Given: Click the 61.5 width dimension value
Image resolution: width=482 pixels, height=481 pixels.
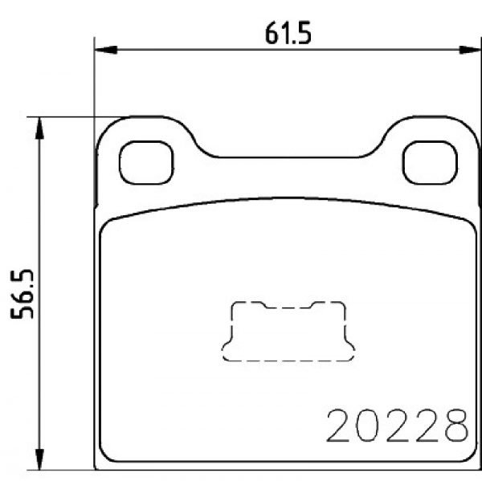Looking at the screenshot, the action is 288,33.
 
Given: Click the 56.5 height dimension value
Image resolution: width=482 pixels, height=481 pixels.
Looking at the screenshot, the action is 22,294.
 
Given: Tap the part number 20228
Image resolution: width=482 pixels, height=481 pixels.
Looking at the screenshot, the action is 398,426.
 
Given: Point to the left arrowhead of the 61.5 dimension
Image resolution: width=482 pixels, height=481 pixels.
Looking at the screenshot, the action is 106,50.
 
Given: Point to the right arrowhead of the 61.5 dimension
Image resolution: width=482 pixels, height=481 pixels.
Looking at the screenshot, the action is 470,50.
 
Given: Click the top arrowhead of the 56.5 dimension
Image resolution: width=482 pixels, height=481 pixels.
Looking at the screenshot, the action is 39,128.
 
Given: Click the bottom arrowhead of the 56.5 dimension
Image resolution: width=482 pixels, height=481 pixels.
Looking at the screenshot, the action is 39,459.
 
